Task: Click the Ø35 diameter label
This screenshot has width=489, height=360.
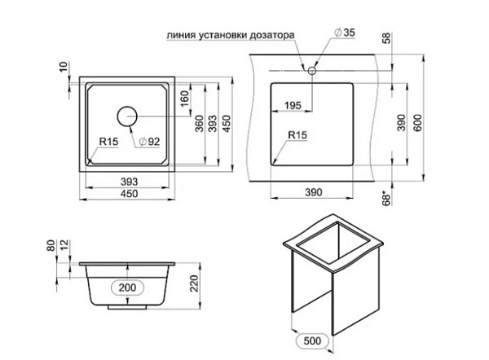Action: [x=344, y=33]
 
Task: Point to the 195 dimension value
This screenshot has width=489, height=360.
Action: [x=293, y=106]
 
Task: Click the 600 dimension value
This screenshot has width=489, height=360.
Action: [x=417, y=123]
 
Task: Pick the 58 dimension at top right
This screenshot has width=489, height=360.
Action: [x=386, y=38]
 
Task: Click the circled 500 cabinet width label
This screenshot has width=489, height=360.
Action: [x=312, y=340]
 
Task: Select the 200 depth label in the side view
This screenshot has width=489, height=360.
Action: [x=127, y=288]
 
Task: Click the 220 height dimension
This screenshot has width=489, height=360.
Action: [x=194, y=283]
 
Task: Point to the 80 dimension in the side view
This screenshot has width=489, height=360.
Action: [x=51, y=245]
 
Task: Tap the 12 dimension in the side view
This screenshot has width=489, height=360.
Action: [x=65, y=245]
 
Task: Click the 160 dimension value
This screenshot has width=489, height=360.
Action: [x=185, y=99]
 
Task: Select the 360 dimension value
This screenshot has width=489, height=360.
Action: [x=199, y=124]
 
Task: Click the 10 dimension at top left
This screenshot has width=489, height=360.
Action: [x=64, y=67]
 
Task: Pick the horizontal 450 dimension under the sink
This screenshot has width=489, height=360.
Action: [x=129, y=194]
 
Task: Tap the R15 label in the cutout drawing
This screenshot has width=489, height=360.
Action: [x=297, y=135]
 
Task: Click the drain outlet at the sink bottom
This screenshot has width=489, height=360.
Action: [x=127, y=307]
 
